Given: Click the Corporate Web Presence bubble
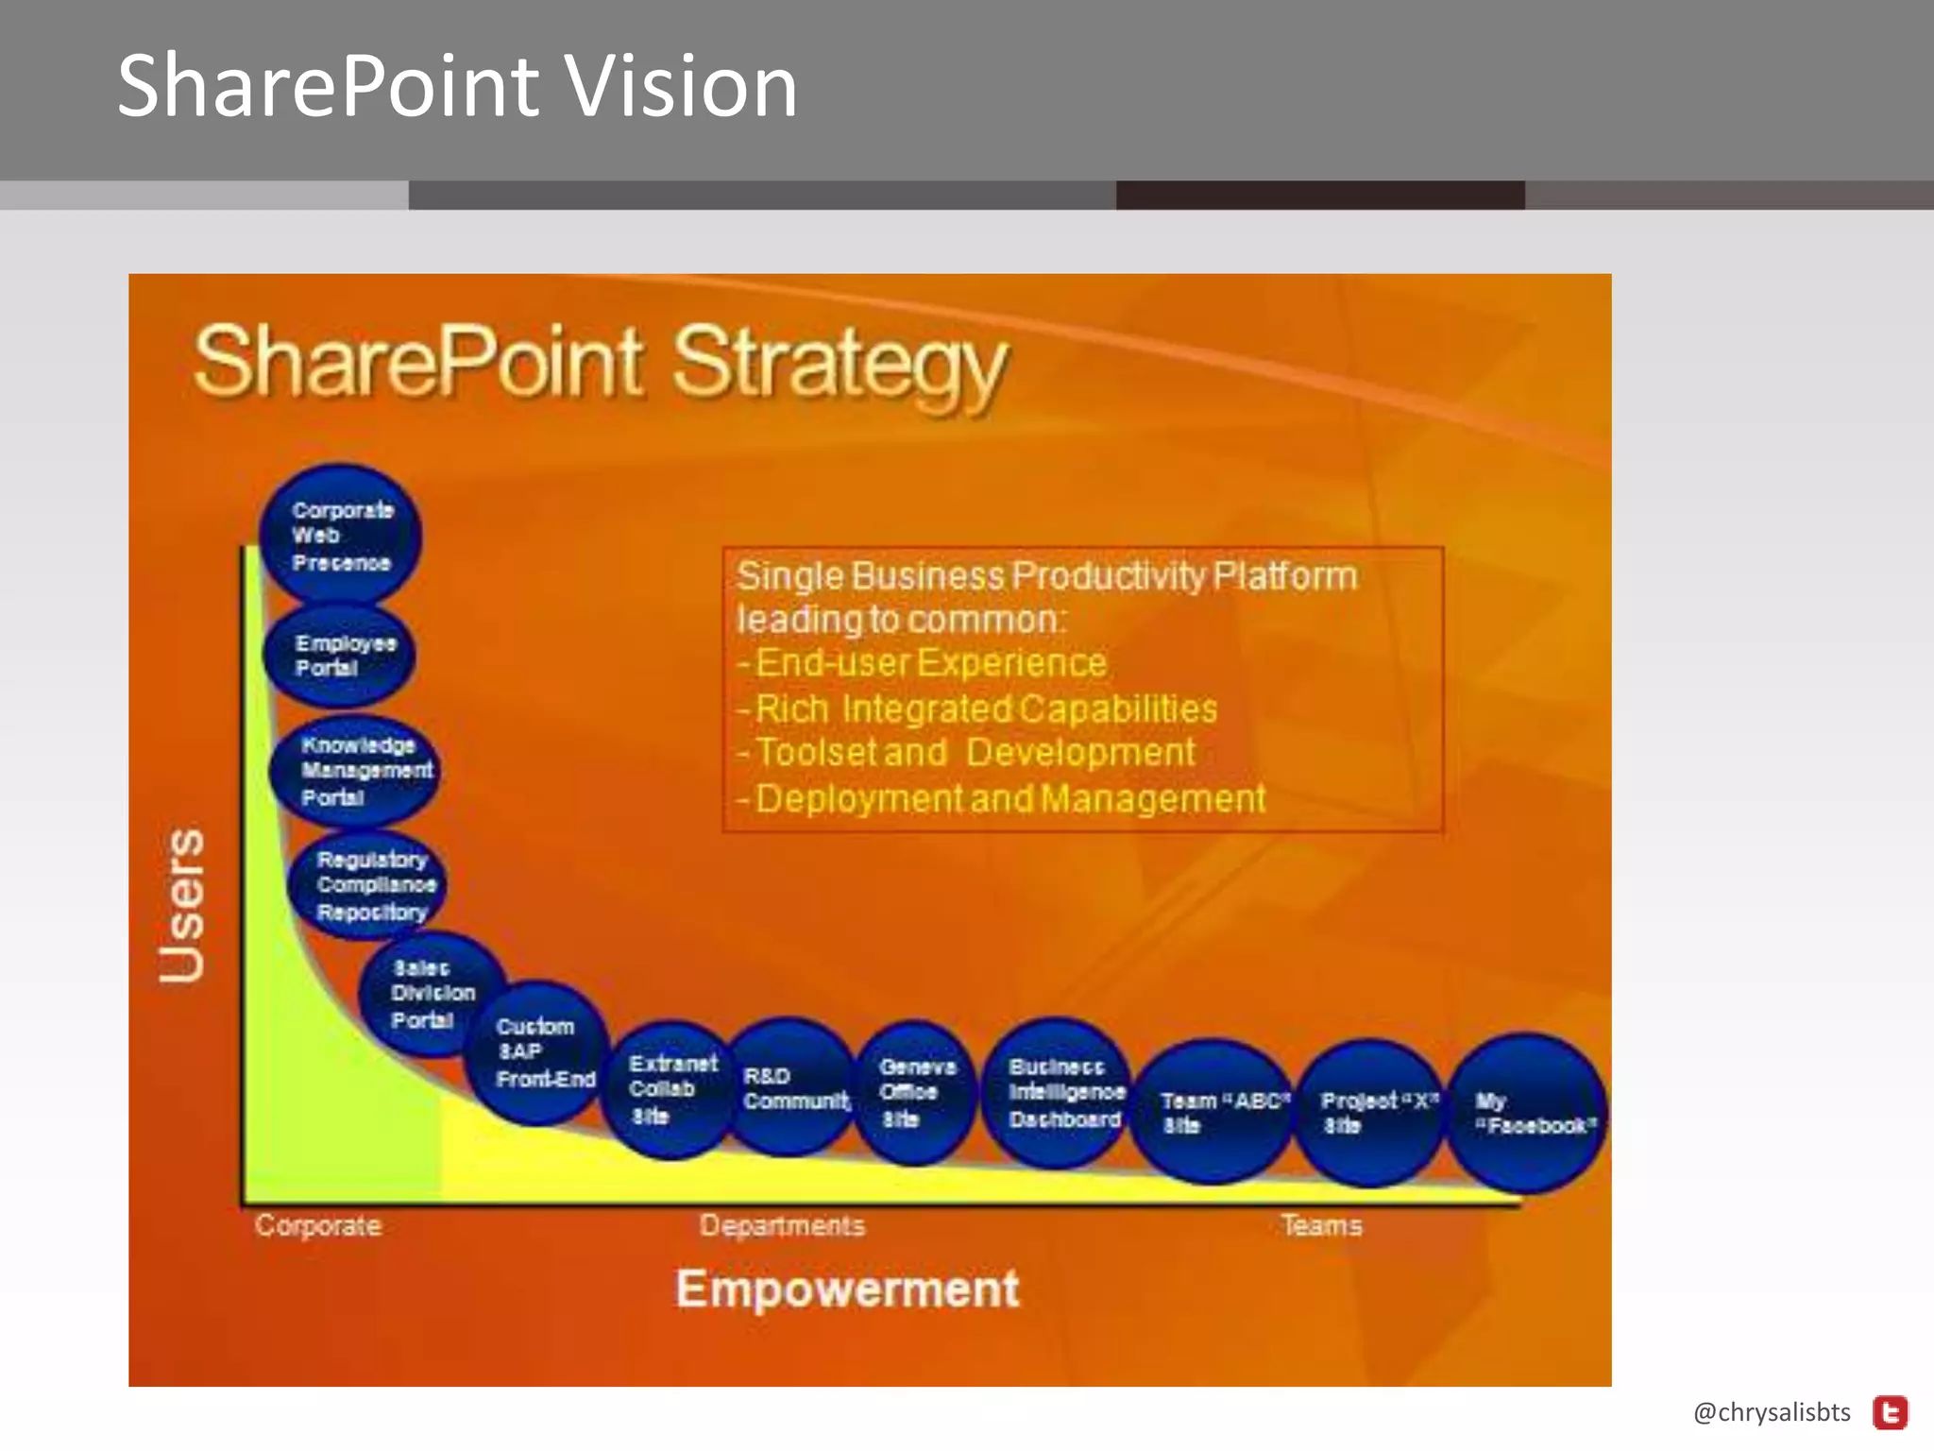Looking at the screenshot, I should [x=341, y=536].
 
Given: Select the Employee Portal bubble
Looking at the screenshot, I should [x=340, y=656].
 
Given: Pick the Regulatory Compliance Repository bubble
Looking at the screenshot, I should [x=368, y=885].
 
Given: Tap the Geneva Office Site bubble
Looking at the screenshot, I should [x=913, y=1092].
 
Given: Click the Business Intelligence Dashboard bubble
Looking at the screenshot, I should [x=1060, y=1092].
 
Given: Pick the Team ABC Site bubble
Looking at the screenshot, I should [x=1214, y=1112].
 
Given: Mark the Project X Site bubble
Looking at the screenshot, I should [x=1372, y=1112].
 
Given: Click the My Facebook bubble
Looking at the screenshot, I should [x=1528, y=1113].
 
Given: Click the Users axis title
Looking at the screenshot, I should [x=182, y=905].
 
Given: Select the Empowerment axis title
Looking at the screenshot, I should [x=847, y=1289].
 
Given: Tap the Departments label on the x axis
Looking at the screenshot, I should [x=782, y=1225].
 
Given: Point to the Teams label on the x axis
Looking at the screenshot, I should [x=1321, y=1225].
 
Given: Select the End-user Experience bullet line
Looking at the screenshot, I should [x=930, y=663].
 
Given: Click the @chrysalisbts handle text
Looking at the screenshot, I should [x=1772, y=1412].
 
